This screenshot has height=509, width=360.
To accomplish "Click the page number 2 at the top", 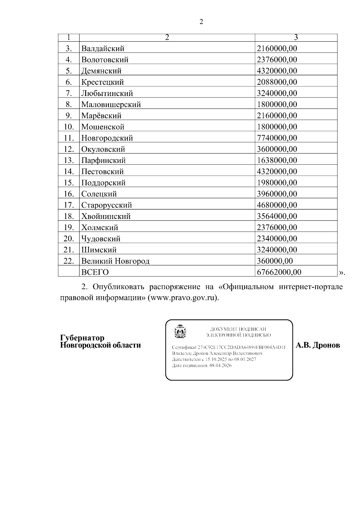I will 201,22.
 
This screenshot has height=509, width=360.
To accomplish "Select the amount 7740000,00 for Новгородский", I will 277,138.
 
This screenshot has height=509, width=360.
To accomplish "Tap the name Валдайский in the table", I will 103,49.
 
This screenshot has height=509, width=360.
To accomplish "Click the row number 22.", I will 69,261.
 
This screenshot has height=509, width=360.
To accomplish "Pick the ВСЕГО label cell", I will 95,272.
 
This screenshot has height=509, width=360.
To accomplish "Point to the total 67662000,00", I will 279,272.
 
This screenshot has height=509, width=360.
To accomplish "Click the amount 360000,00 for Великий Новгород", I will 275,261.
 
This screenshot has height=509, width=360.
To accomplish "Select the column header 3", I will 296,37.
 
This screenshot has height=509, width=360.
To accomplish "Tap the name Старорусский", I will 106,205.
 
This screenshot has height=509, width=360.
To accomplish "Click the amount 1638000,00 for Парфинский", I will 277,160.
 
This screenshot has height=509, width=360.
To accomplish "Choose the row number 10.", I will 69,127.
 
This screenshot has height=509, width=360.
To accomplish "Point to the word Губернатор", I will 82,338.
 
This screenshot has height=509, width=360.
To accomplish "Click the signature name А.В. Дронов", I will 318,345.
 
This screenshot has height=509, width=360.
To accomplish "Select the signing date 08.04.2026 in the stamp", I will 220,366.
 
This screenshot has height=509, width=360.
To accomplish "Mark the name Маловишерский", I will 111,105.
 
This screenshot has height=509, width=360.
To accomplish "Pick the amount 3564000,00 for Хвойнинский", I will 277,216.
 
